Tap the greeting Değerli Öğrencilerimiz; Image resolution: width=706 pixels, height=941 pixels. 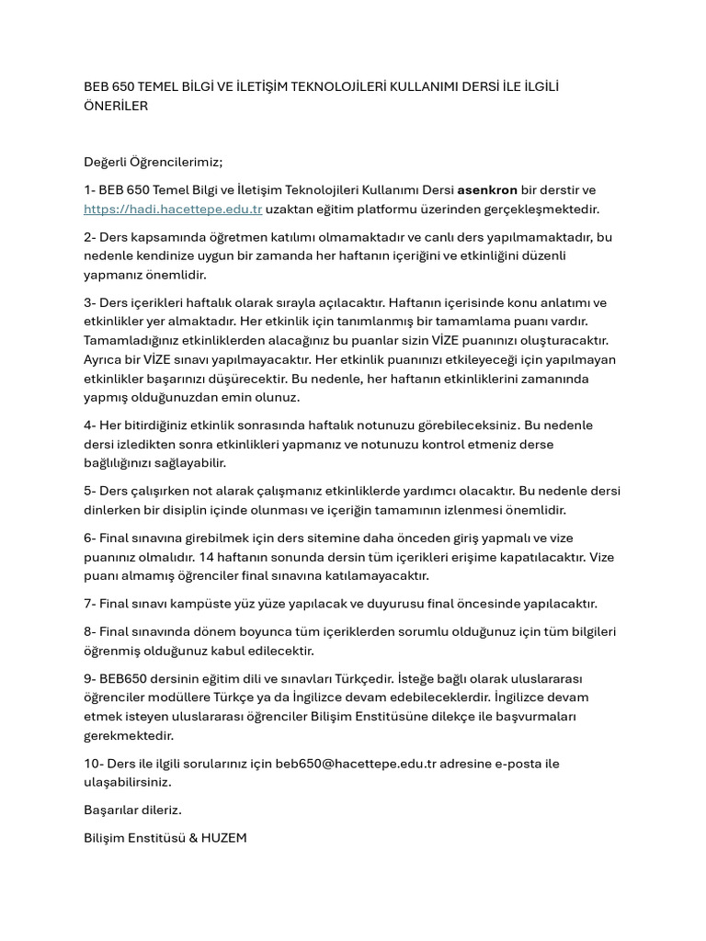point(154,162)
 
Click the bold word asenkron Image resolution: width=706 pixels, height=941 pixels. point(487,190)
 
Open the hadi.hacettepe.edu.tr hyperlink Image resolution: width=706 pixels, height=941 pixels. point(173,209)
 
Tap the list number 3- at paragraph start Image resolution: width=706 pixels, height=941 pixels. point(90,302)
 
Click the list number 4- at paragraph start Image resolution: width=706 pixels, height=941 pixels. point(90,425)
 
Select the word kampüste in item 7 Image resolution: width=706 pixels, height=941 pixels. point(218,604)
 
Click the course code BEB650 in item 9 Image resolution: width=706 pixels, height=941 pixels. point(124,679)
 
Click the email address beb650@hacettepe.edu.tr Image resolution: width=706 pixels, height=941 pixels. point(355,764)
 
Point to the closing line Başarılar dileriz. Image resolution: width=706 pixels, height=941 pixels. point(132,810)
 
